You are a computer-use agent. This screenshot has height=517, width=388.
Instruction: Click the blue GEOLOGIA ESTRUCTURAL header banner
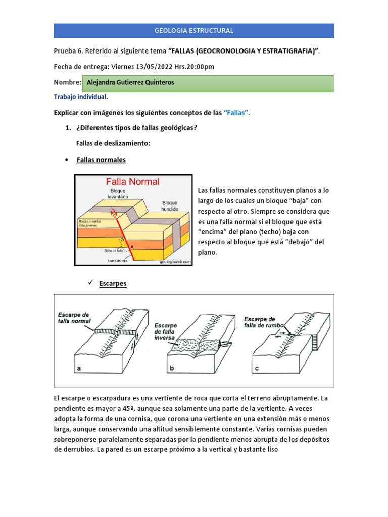point(194,31)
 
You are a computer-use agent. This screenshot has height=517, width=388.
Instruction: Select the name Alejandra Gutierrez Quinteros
point(131,82)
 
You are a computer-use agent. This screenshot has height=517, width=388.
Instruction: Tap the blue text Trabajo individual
point(80,97)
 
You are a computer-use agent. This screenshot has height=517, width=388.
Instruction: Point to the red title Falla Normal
point(132,181)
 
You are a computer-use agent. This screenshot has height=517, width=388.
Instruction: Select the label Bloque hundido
point(169,204)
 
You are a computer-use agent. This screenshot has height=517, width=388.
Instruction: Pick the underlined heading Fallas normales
point(101,160)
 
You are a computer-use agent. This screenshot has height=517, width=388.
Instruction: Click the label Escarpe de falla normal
point(74,317)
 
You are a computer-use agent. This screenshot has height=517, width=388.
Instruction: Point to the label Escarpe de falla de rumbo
point(260,322)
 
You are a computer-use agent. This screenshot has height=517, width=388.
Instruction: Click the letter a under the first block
point(78,369)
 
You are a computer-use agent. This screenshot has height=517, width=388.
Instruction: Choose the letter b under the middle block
point(172,369)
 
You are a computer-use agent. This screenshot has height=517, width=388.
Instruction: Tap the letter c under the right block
point(257,369)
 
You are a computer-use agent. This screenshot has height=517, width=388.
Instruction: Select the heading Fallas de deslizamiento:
point(113,144)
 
